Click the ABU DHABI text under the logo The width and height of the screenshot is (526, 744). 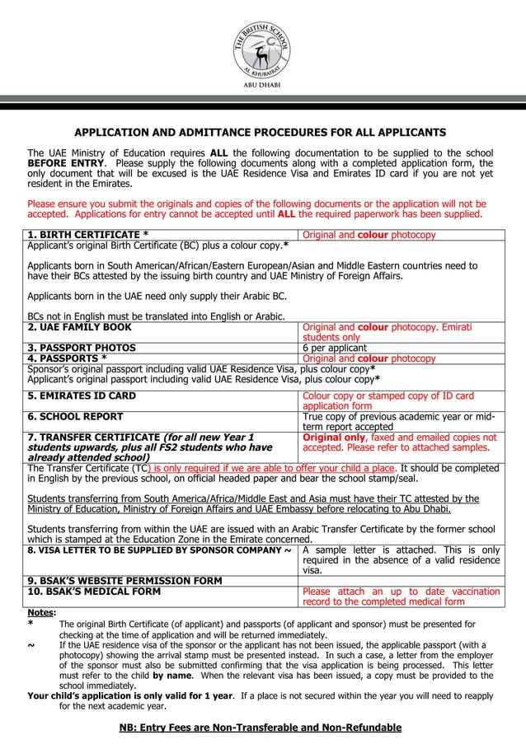point(261,85)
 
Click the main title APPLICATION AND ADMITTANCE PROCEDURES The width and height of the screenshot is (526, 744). point(261,133)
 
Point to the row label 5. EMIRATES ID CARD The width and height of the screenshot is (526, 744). point(82,396)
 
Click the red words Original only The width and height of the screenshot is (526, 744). point(334,438)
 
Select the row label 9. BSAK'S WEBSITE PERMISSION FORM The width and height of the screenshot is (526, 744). point(124,581)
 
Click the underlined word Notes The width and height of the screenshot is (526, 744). point(41,613)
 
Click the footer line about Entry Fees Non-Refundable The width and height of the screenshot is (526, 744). point(261,728)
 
